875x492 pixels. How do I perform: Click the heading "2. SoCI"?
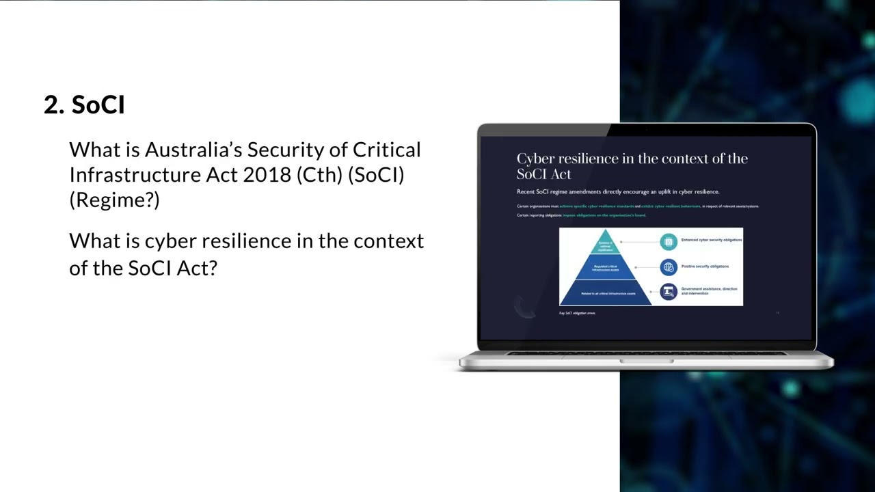pyautogui.click(x=84, y=105)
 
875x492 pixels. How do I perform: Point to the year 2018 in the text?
pyautogui.click(x=267, y=175)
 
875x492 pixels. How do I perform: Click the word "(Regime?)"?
pyautogui.click(x=114, y=200)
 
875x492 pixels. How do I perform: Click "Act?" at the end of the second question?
pyautogui.click(x=197, y=268)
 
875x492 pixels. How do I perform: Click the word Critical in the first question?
pyautogui.click(x=386, y=150)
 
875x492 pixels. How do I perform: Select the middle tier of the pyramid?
pyautogui.click(x=605, y=267)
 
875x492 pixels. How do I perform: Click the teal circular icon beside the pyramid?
pyautogui.click(x=669, y=241)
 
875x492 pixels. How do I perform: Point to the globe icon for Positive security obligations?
pyautogui.click(x=669, y=267)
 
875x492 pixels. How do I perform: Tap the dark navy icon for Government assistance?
pyautogui.click(x=669, y=292)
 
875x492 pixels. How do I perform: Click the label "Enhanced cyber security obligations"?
pyautogui.click(x=711, y=240)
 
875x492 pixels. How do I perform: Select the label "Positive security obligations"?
pyautogui.click(x=705, y=266)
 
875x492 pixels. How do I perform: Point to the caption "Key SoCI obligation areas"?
pyautogui.click(x=578, y=313)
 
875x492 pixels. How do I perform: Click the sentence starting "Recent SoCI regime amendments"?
pyautogui.click(x=618, y=192)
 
